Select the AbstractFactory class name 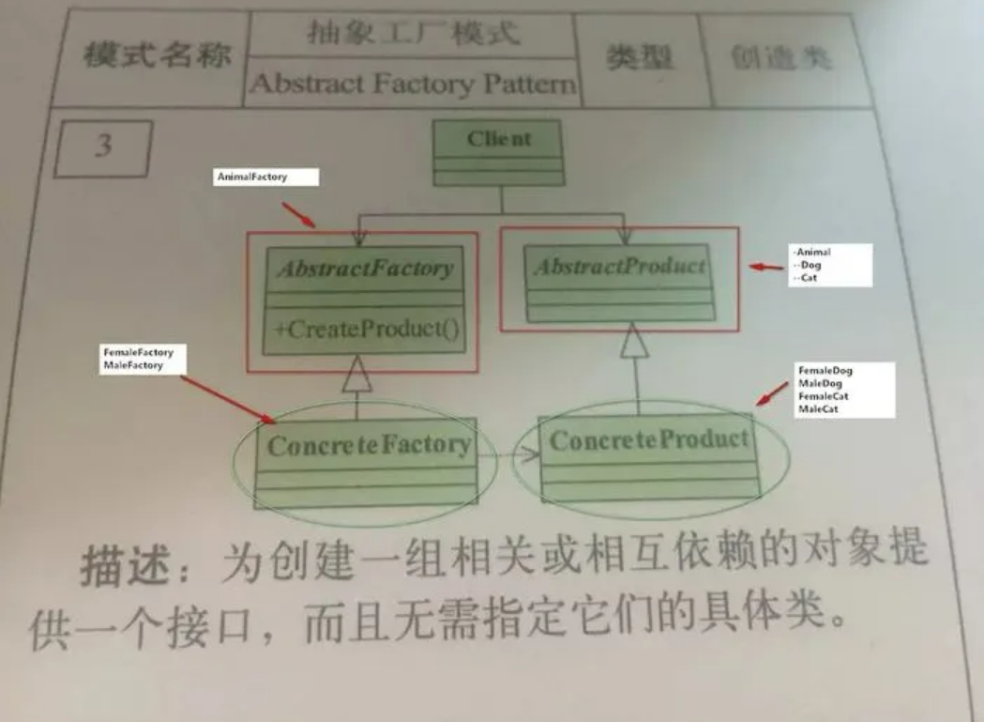click(x=364, y=269)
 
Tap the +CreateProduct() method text click(x=365, y=331)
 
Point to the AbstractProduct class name click(x=619, y=266)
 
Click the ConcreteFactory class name click(x=369, y=443)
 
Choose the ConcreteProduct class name click(x=649, y=439)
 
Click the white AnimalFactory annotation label click(x=266, y=177)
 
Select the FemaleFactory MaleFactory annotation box click(x=140, y=359)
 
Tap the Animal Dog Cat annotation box click(x=829, y=265)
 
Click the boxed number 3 click(x=102, y=148)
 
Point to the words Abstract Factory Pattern click(x=413, y=84)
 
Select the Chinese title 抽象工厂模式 click(x=413, y=35)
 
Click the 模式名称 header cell click(x=157, y=56)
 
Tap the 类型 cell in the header click(x=640, y=57)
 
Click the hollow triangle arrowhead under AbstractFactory click(x=357, y=376)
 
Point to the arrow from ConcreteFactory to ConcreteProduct click(x=511, y=455)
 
